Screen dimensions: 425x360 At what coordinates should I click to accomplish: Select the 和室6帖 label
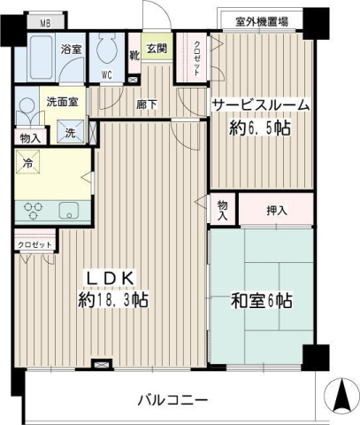pos(261,300)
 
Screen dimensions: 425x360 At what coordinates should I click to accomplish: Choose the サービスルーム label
pos(260,105)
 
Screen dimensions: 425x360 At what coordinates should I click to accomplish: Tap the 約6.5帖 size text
pos(261,127)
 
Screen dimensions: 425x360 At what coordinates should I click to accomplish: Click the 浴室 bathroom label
pos(72,50)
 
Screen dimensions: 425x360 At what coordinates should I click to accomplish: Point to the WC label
pos(106,74)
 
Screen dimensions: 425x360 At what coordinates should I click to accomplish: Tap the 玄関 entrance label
pos(157,48)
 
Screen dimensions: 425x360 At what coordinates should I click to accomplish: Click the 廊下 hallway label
pos(147,103)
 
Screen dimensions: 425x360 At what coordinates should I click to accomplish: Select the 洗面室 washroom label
pos(62,101)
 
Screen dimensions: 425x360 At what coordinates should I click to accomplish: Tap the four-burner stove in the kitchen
pos(34,211)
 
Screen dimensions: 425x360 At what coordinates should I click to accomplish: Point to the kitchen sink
pos(68,212)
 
